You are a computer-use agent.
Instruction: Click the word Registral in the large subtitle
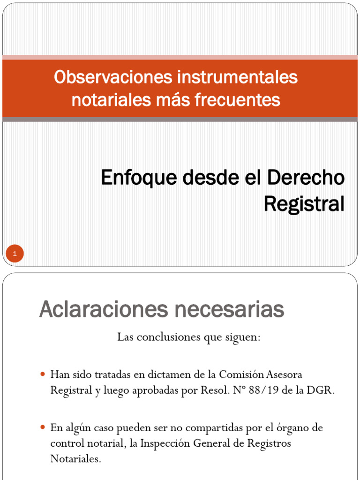pyautogui.click(x=304, y=203)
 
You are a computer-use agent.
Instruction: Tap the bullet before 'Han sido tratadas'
pyautogui.click(x=43, y=375)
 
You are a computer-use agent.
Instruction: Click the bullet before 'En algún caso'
pyautogui.click(x=43, y=427)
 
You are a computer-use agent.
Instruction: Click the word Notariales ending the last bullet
pyautogui.click(x=75, y=459)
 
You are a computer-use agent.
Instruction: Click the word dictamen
pyautogui.click(x=165, y=375)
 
